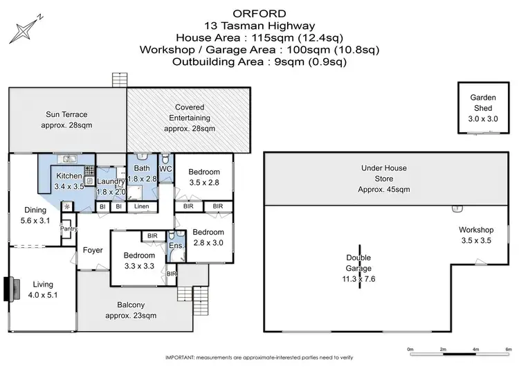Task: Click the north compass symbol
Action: coord(26,28)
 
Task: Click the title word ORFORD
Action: coord(259,12)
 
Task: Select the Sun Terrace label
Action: coord(67,120)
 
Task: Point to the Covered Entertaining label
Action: coord(189,118)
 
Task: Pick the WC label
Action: coord(165,168)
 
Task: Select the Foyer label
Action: coord(93,251)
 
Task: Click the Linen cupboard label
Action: coord(141,206)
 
